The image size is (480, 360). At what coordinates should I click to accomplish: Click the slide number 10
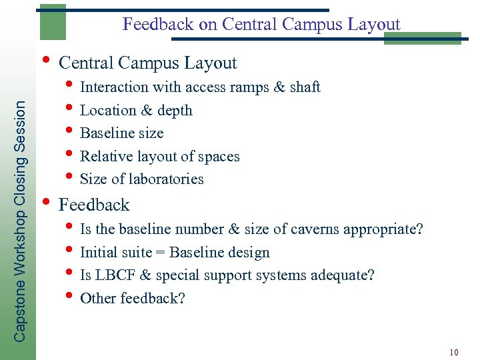point(454,352)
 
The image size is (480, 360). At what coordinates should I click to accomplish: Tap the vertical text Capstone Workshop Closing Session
point(21,221)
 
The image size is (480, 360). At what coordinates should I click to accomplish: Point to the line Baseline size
point(121,133)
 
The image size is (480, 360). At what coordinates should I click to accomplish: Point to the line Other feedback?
point(132,298)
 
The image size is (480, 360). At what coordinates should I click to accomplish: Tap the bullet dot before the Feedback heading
point(45,199)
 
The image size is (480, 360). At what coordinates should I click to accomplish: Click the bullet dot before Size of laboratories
point(70,176)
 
